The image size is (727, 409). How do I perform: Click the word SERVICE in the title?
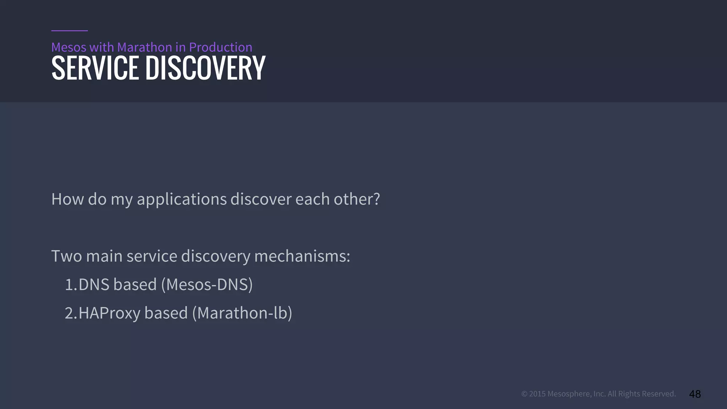pos(95,68)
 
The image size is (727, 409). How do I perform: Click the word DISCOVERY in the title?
pos(205,68)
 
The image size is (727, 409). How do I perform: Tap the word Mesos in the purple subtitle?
pos(69,47)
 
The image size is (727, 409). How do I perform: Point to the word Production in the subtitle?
pos(220,47)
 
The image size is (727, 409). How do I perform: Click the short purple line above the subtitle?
pos(70,31)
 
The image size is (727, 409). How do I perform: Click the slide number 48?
pos(695,394)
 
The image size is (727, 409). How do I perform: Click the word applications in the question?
pos(181,199)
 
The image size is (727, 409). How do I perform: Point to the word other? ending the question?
pos(357,199)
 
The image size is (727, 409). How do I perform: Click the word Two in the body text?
pos(66,256)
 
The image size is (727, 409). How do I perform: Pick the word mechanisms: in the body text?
pos(302,256)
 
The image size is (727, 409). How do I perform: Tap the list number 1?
pos(70,285)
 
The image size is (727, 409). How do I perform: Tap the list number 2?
pos(70,313)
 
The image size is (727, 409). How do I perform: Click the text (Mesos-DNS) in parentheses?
pos(207,285)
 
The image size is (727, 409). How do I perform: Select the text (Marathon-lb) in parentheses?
pos(242,313)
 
